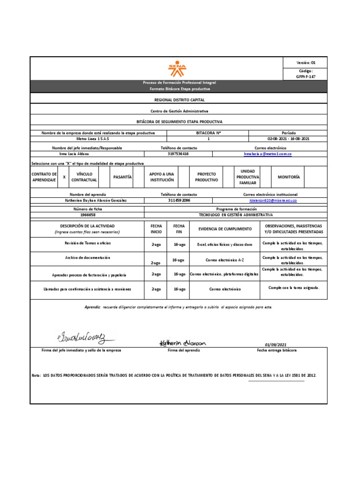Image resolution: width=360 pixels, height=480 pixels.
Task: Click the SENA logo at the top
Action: pos(178,68)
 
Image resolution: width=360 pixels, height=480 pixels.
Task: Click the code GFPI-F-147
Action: pos(306,76)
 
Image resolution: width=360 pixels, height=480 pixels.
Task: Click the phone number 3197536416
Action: pos(178,154)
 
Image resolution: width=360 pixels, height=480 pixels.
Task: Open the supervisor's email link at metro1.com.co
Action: pos(268,154)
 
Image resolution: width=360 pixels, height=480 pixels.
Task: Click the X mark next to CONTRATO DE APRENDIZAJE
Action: pos(64,177)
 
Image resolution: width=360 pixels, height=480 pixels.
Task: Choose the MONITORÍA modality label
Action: pos(288,177)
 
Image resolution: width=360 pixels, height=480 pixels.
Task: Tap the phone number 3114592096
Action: pos(179,200)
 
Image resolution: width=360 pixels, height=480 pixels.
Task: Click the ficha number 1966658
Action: pos(88,214)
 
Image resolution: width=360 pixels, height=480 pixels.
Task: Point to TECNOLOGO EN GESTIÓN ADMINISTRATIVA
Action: pos(236,214)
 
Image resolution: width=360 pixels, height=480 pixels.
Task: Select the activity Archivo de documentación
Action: pos(87,258)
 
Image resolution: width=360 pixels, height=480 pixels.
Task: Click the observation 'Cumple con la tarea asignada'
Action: pos(293,287)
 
